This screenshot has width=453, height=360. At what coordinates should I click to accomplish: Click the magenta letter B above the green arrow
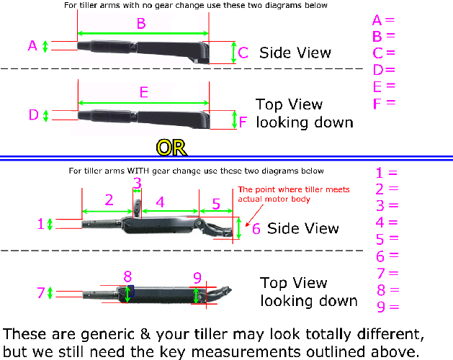pos(141,23)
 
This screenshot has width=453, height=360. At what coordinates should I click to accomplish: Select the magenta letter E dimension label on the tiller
pos(144,92)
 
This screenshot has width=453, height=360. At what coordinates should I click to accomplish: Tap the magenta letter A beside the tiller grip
pos(32,45)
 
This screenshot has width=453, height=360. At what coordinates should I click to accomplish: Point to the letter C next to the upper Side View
pos(243,53)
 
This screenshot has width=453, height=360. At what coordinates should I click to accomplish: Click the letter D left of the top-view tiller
pos(33,115)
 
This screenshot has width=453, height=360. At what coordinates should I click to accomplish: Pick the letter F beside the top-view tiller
pos(243,122)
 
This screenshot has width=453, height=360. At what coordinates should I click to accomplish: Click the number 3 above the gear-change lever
pos(137,184)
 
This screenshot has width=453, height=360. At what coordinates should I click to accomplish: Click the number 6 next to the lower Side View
pos(256,228)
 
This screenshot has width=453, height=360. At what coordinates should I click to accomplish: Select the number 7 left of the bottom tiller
pos(41,292)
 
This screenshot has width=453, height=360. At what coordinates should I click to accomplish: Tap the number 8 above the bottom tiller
pos(127,276)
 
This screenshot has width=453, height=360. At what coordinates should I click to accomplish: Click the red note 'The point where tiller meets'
pos(294,189)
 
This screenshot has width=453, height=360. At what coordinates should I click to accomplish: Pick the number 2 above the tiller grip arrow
pos(109,199)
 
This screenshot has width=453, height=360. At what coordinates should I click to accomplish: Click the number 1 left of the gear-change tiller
pos(40,224)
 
